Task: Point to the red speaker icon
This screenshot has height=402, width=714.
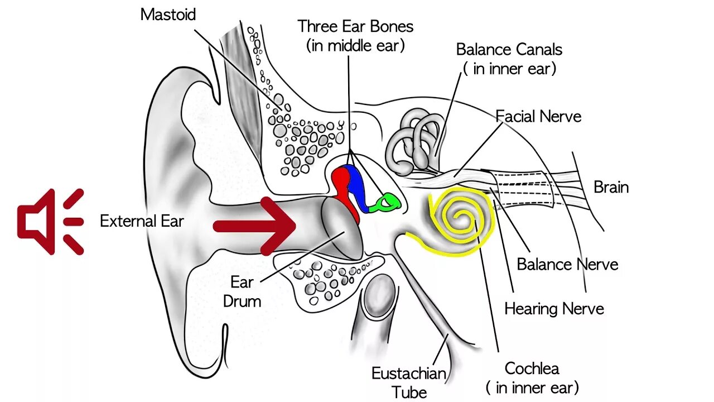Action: [50, 222]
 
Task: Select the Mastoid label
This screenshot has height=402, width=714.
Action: [168, 15]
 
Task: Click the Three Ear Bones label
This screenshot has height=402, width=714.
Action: [355, 26]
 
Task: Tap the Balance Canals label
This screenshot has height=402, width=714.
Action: [509, 49]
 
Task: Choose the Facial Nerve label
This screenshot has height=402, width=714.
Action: [538, 116]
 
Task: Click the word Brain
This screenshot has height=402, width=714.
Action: [611, 187]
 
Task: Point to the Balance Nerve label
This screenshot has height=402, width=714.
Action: [567, 264]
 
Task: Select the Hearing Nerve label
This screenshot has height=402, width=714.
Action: [554, 308]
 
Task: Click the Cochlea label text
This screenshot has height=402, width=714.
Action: [532, 368]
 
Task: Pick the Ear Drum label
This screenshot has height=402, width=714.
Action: [242, 291]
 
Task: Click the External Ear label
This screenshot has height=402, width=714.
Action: [142, 221]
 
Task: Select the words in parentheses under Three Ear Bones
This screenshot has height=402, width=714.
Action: [355, 45]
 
